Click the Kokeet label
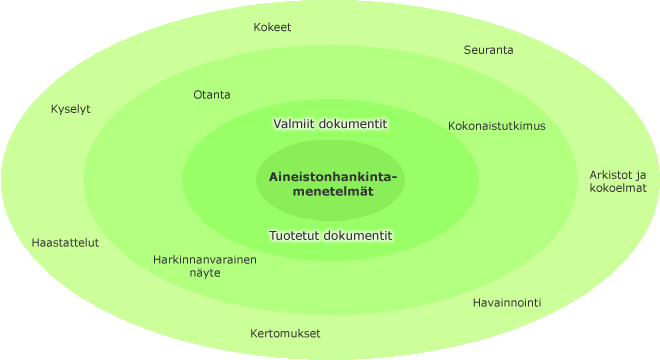coord(272,27)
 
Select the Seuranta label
coord(488,50)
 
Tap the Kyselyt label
coord(71,109)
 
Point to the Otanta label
coord(212,95)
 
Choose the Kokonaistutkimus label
coord(497,126)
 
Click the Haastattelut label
coord(65,243)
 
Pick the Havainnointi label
coord(507,303)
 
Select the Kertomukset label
coord(285,333)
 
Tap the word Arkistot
coord(606,175)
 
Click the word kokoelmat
coord(618,188)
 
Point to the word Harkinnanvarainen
coord(205,260)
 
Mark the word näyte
coord(205,273)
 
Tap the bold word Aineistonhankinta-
coord(333,177)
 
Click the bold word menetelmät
coord(333,192)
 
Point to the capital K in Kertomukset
coord(254,333)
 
